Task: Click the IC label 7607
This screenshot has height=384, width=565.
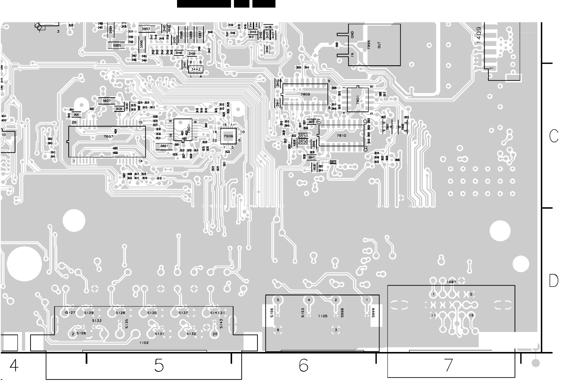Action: tap(108, 136)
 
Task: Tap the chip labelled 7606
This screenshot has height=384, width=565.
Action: tap(228, 136)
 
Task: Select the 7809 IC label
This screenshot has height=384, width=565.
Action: tap(305, 94)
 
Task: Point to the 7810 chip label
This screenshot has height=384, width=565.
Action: tap(341, 135)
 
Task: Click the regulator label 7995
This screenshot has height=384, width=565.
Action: tap(369, 45)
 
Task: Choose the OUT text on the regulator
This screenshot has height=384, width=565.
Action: tap(379, 45)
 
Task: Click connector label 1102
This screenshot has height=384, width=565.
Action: tap(144, 343)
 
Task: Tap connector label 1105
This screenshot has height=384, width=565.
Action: tap(323, 316)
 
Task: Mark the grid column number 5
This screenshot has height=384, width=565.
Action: tap(159, 366)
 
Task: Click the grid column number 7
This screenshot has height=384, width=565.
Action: tap(449, 366)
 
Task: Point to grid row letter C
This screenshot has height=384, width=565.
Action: tap(554, 136)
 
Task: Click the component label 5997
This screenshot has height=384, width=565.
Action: tap(146, 29)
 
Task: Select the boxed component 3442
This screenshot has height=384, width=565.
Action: tap(196, 69)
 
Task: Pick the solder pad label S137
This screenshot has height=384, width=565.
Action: tap(183, 313)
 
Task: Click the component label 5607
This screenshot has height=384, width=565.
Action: tap(107, 101)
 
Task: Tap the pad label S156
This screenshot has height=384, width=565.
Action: tap(272, 313)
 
